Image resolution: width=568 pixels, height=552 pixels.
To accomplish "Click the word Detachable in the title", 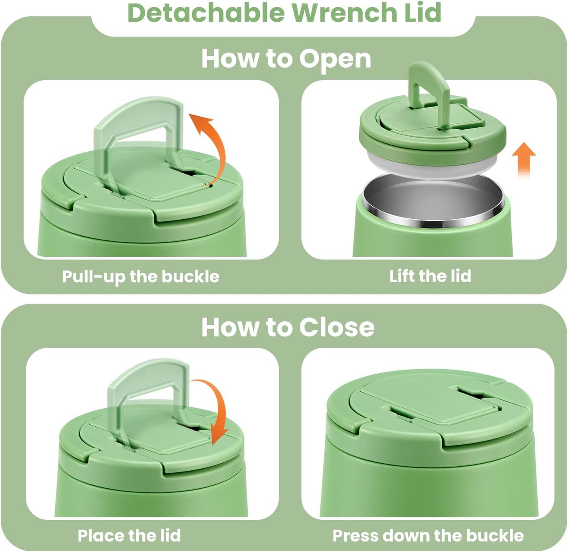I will click(206, 13).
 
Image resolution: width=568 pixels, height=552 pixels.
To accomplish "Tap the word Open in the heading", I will click(335, 59).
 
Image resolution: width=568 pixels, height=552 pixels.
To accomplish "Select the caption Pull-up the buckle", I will click(141, 277).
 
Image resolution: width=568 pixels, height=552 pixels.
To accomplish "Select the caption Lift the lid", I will click(430, 276).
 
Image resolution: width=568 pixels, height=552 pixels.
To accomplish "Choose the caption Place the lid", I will click(129, 535).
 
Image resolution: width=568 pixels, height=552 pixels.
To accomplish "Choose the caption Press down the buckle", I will click(428, 535).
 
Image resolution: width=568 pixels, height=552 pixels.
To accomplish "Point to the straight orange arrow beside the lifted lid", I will click(524, 159).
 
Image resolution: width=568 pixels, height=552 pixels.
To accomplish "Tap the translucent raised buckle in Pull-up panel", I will click(138, 130).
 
